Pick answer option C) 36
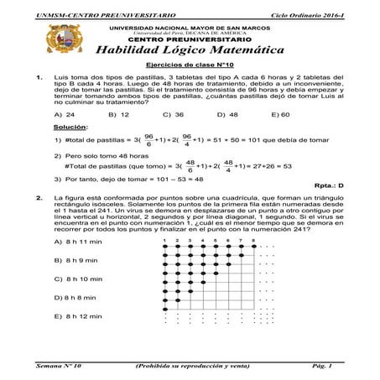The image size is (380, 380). [x=174, y=114]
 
